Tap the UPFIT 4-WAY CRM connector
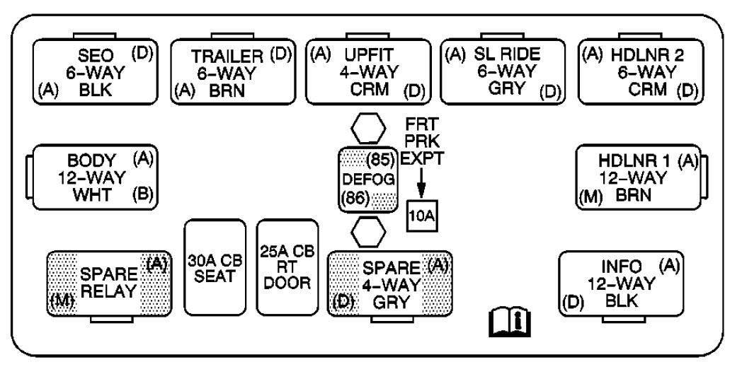tap(368, 72)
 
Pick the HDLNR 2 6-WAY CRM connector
tap(641, 72)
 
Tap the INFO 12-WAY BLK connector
tap(621, 284)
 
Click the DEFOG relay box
tap(368, 179)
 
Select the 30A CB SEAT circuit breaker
tap(215, 267)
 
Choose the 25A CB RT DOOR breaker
tap(287, 267)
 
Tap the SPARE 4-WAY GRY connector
tap(390, 284)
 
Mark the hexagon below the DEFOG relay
tap(368, 231)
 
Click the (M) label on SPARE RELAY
tap(62, 304)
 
